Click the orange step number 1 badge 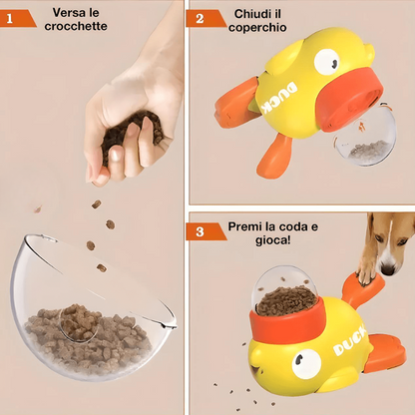click(17, 18)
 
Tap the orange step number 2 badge click(205, 18)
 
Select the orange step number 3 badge click(205, 231)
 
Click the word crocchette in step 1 click(76, 26)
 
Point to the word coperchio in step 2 click(257, 28)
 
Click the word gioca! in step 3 click(272, 240)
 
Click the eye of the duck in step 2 click(326, 62)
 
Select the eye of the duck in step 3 click(306, 364)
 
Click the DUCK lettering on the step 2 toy click(279, 99)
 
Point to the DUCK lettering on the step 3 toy click(349, 341)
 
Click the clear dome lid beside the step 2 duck click(365, 136)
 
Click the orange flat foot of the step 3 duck click(386, 353)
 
